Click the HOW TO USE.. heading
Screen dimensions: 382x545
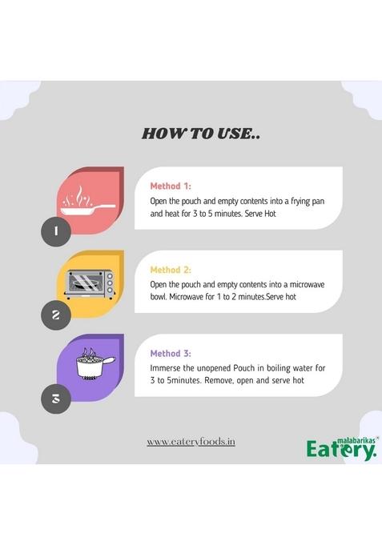click(x=201, y=134)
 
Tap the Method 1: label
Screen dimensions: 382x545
click(x=171, y=186)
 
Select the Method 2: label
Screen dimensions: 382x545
click(x=171, y=270)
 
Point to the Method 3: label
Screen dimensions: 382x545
click(x=171, y=353)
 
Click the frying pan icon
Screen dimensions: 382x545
click(x=87, y=202)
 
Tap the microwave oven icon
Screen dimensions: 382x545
click(x=90, y=285)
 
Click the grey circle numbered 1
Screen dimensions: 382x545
click(x=56, y=231)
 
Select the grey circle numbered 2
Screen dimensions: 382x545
click(x=56, y=315)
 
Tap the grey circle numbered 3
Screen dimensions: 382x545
click(x=56, y=399)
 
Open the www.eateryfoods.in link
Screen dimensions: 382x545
click(x=191, y=442)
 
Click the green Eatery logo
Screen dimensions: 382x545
click(x=342, y=449)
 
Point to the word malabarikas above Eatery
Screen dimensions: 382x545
click(x=356, y=440)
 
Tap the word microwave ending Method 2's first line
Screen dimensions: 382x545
click(x=308, y=284)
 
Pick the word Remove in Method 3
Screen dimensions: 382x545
click(x=219, y=381)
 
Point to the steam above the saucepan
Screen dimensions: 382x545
click(x=89, y=352)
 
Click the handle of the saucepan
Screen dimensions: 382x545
click(x=109, y=361)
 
